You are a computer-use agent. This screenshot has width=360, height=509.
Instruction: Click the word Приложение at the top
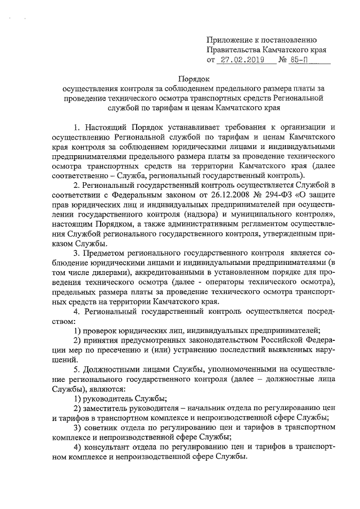229,39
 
